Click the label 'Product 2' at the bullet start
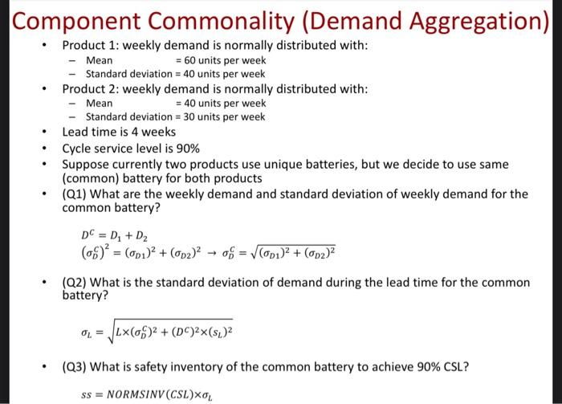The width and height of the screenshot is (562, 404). [88, 88]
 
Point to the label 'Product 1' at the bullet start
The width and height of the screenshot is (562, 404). [88, 46]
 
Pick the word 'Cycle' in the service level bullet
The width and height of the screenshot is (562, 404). [77, 149]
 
